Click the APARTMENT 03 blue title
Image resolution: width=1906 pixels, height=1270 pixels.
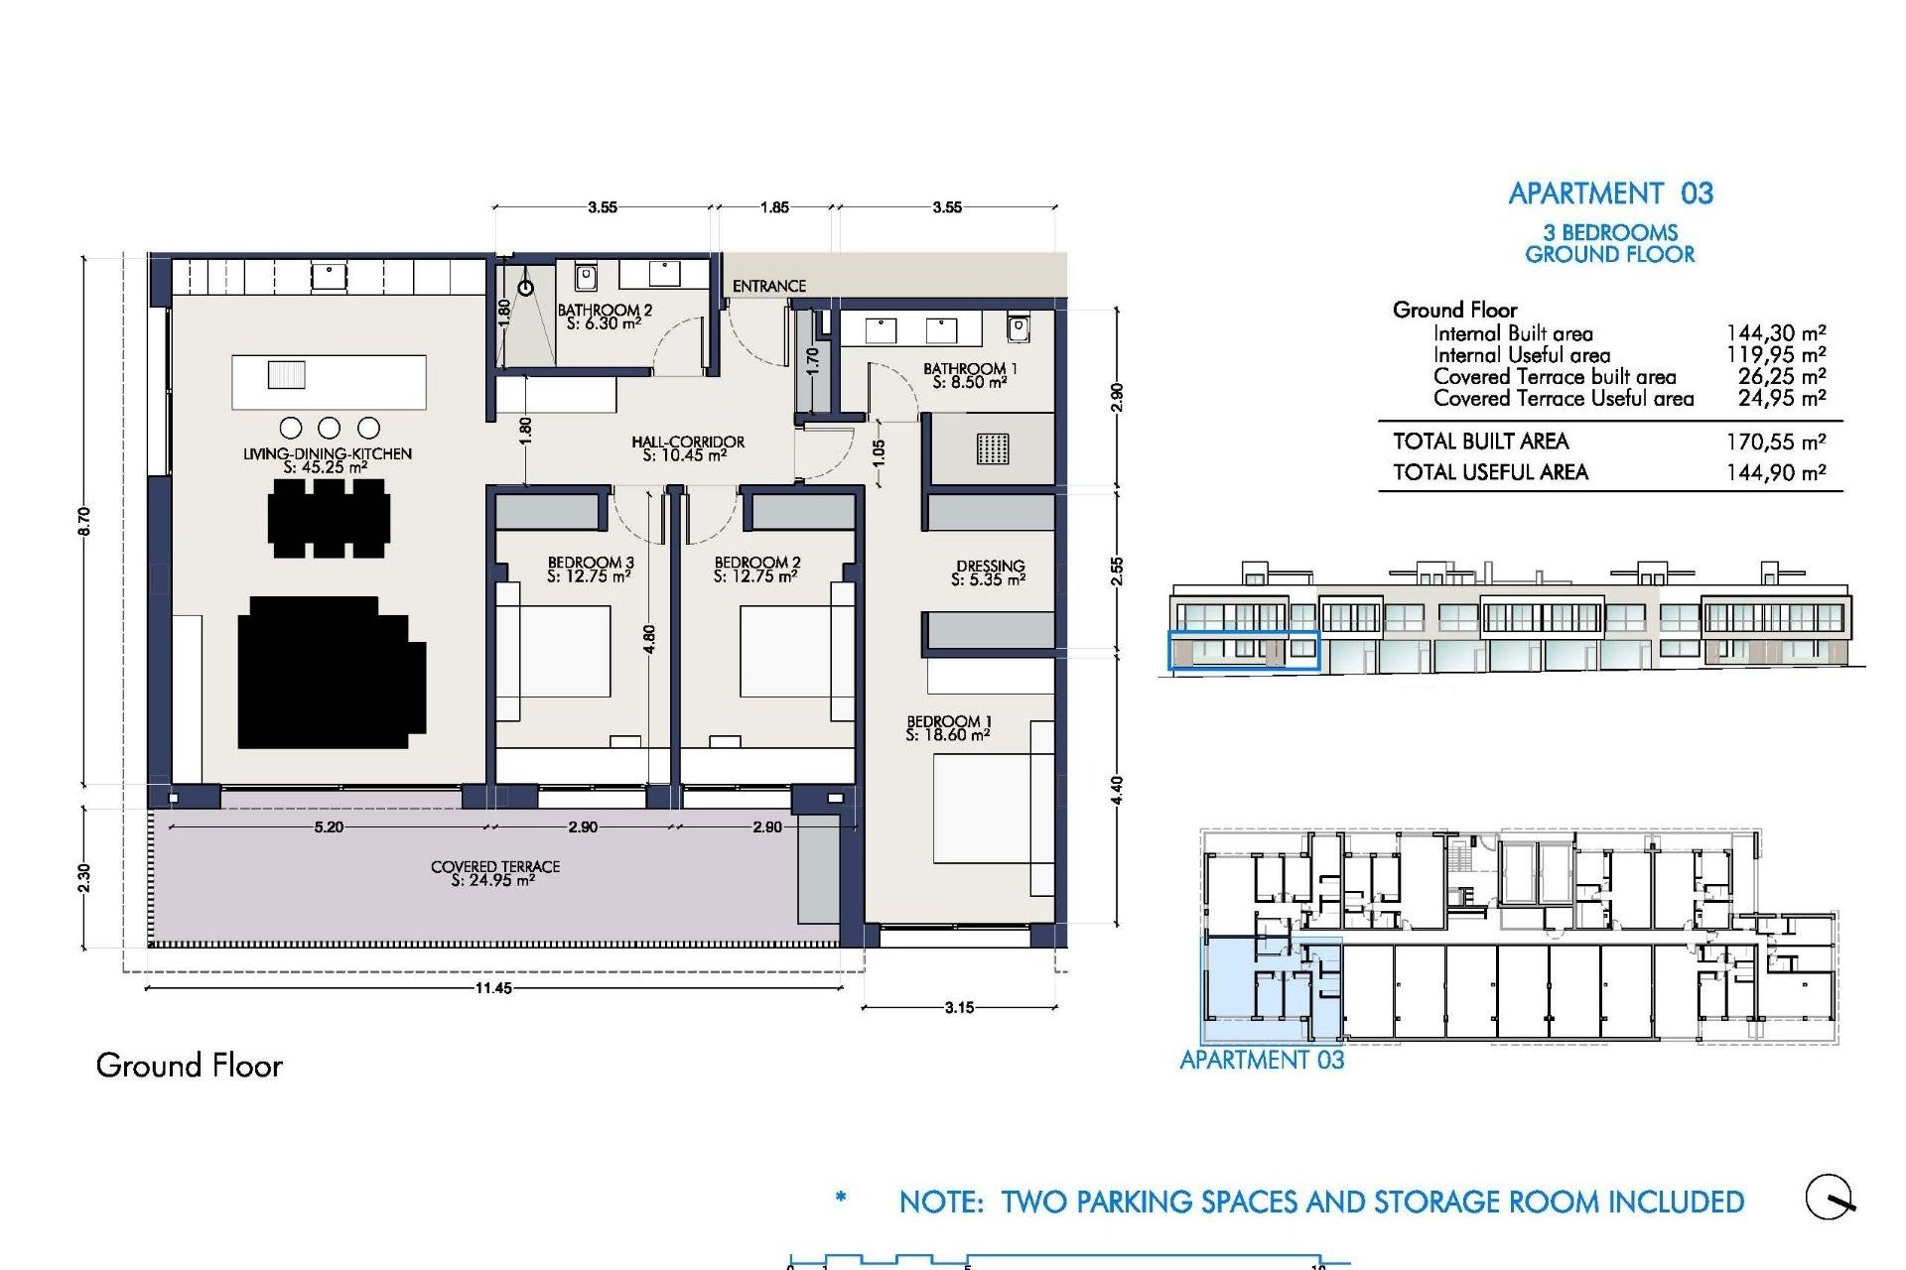point(1610,193)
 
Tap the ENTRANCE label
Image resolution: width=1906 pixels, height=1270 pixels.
point(768,286)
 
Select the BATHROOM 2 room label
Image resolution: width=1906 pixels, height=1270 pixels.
point(605,317)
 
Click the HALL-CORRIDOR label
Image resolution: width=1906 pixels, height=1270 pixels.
point(687,448)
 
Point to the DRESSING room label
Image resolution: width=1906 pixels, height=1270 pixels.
point(989,572)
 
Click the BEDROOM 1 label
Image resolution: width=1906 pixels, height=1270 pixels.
point(948,728)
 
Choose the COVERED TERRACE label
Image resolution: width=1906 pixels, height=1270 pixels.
point(494,873)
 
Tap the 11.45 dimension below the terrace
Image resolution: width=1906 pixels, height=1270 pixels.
point(493,988)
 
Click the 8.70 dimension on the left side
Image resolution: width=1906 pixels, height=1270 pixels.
point(83,521)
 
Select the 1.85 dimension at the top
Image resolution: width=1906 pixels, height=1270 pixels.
point(774,207)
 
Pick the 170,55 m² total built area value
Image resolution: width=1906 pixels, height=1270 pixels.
point(1775,442)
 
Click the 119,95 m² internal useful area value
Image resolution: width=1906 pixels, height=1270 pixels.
point(1775,354)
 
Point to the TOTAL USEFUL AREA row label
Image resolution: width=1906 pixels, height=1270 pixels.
point(1490,472)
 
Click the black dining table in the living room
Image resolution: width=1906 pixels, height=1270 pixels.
point(329,519)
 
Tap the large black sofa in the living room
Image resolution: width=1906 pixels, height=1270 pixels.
point(331,672)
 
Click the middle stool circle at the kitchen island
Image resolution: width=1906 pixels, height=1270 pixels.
point(330,428)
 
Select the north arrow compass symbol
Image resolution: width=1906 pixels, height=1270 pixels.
point(1829,1197)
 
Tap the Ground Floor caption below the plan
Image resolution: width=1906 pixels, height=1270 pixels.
point(189,1066)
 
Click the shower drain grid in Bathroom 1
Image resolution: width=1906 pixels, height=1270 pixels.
point(992,448)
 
